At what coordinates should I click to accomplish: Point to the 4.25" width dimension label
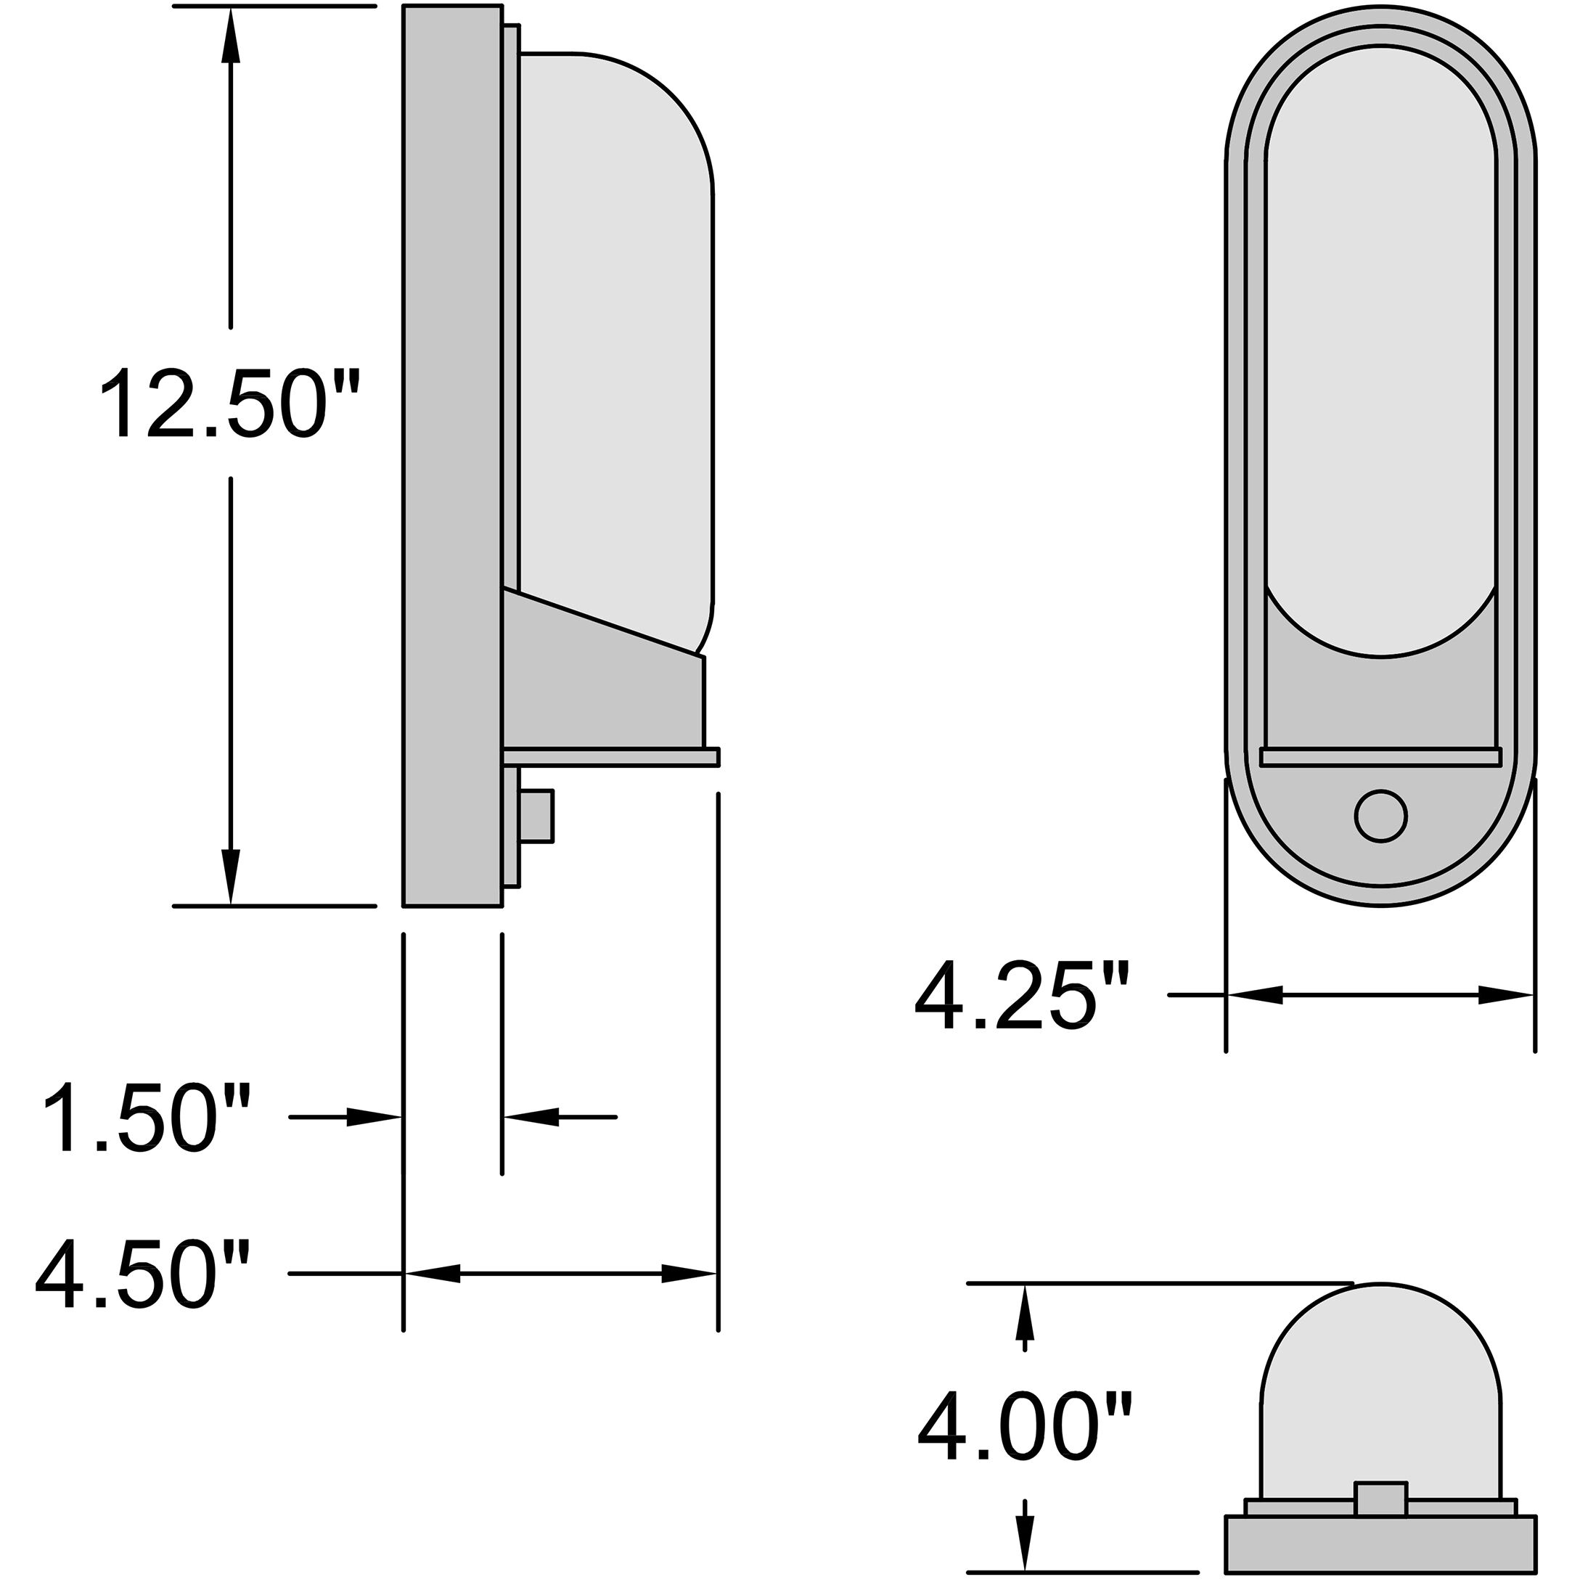coord(1023,996)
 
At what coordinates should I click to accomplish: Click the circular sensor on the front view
coord(1380,816)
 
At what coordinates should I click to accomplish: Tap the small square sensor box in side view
coord(536,815)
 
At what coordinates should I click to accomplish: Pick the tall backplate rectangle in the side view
coord(452,456)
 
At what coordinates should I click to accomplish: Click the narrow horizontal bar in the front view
coord(1380,756)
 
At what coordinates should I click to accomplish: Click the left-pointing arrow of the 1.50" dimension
coord(531,1117)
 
